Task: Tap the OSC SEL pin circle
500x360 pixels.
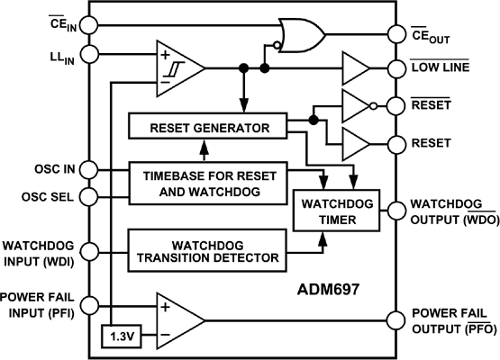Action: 88,196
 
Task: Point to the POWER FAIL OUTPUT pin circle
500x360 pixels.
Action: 395,319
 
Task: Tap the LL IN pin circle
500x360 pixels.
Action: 88,57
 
